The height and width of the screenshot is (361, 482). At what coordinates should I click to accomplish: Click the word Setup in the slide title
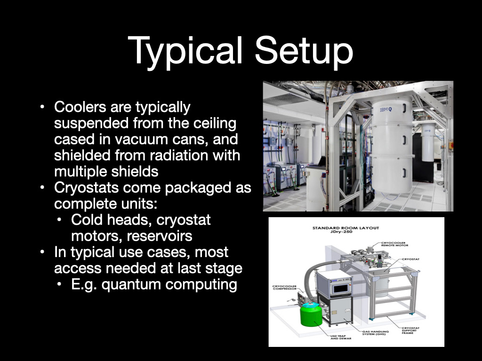304,51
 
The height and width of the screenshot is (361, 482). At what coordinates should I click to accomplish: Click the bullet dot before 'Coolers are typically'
42,107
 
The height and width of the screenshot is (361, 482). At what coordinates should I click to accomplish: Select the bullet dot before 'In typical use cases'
42,252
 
